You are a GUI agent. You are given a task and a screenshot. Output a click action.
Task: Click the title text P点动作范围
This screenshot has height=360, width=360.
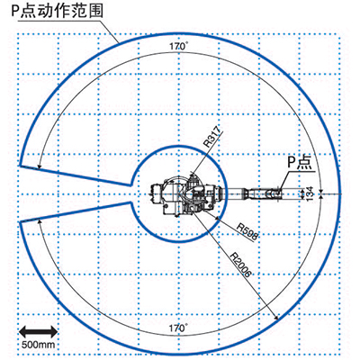pos(57,11)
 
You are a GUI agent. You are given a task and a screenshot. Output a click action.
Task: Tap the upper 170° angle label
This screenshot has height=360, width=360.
pos(179,46)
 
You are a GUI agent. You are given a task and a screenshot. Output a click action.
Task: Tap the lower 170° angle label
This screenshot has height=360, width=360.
pos(178,328)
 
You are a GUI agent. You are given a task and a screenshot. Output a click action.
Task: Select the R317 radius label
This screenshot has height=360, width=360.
pos(212,137)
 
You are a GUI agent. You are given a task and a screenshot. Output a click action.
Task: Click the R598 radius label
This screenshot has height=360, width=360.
pos(247,231)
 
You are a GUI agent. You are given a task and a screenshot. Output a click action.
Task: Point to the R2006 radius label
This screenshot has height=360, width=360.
pos(240,264)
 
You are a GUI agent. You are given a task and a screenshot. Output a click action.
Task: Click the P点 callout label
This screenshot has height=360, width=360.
pos(300,162)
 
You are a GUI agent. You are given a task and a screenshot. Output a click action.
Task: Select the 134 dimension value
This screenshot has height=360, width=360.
pos(310,193)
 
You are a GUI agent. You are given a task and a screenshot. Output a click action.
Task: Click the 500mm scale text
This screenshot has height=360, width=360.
pos(39,344)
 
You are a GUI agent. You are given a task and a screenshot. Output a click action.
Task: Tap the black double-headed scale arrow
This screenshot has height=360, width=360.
pos(39,331)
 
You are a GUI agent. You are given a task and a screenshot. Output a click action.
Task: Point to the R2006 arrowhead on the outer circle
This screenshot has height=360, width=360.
pos(275,318)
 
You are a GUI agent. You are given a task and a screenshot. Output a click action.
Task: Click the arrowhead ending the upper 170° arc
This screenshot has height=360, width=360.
pos(39,166)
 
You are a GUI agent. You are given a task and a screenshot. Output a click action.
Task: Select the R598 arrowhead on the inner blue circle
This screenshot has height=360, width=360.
pos(218,218)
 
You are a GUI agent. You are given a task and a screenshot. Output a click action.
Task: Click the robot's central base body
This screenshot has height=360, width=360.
pos(189,195)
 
